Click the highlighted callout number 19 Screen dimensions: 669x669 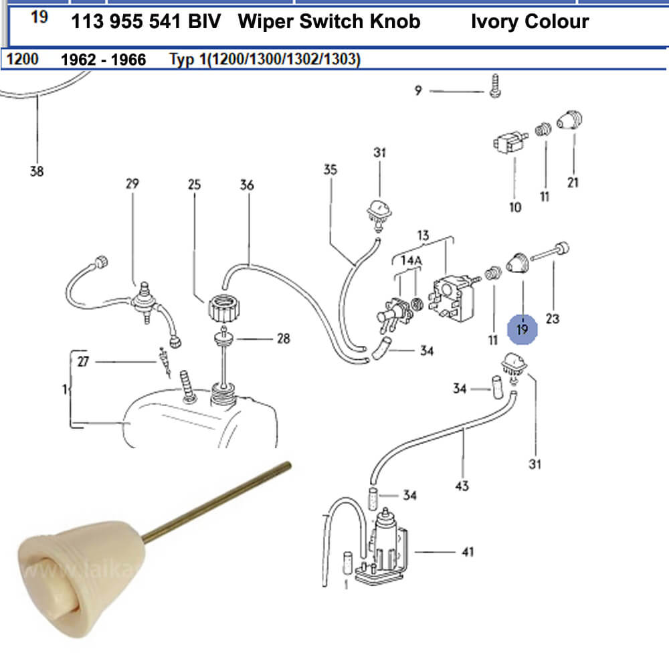pyautogui.click(x=522, y=329)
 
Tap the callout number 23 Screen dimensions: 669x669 pyautogui.click(x=552, y=319)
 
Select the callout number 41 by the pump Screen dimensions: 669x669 pyautogui.click(x=468, y=552)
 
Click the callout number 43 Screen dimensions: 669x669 pyautogui.click(x=462, y=486)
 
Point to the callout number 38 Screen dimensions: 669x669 pyautogui.click(x=37, y=171)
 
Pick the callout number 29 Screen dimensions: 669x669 pyautogui.click(x=132, y=183)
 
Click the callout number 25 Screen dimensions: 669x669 pyautogui.click(x=194, y=184)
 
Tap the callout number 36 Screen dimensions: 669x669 pyautogui.click(x=247, y=185)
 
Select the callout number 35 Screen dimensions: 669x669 pyautogui.click(x=330, y=169)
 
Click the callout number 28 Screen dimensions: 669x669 pyautogui.click(x=284, y=339)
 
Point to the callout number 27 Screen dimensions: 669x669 pyautogui.click(x=83, y=362)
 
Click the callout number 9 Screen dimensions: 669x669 pyautogui.click(x=418, y=91)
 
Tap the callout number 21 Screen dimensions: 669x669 pyautogui.click(x=573, y=182)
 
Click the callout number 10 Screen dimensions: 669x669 pyautogui.click(x=515, y=207)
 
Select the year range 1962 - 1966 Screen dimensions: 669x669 pyautogui.click(x=103, y=60)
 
